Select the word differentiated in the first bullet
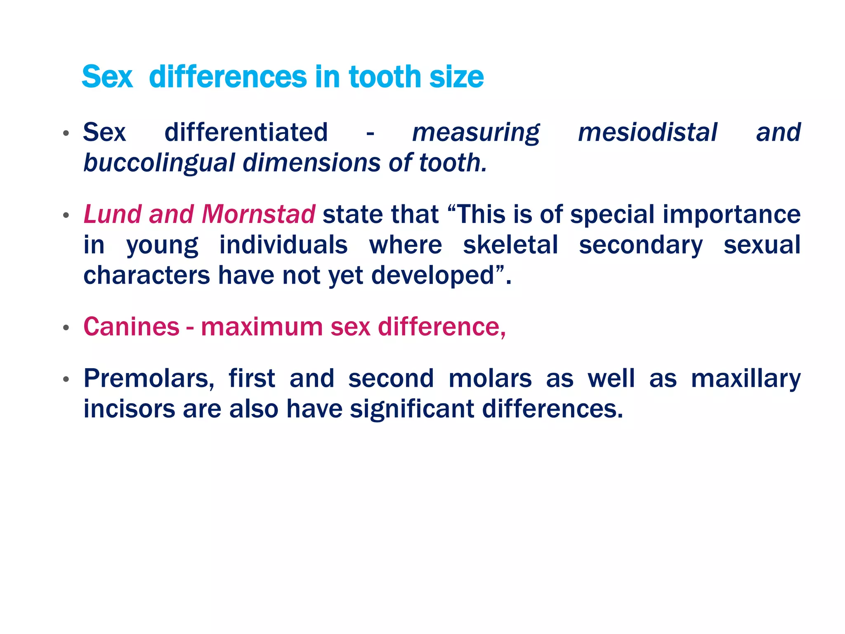246,132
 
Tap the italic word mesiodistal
647,132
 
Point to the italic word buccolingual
159,163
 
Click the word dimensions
312,163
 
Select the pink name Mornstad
259,215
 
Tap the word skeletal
510,245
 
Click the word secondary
640,245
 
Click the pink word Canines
131,327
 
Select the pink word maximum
262,327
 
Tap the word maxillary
746,379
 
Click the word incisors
129,409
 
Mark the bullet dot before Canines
66,328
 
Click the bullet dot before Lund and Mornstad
66,215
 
